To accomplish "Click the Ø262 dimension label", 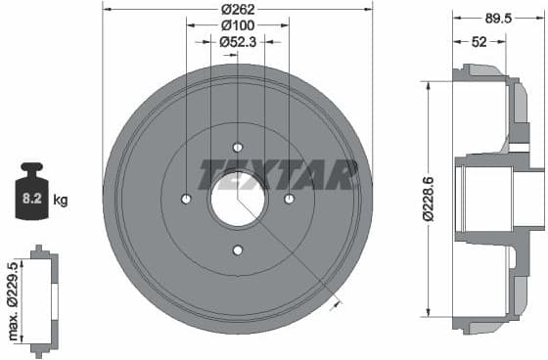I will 238,10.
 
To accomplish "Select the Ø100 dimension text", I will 238,25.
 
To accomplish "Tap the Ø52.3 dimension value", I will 238,41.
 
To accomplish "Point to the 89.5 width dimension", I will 497,17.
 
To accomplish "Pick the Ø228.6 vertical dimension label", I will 428,200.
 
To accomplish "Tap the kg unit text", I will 61,201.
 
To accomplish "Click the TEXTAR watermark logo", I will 278,174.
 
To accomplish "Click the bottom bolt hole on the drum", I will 238,250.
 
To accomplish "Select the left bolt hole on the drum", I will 186,200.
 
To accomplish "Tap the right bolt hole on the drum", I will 289,200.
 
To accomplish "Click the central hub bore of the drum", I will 238,200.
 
